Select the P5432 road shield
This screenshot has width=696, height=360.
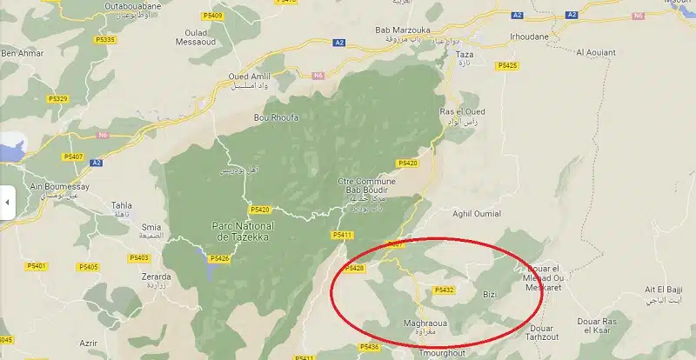point(444,290)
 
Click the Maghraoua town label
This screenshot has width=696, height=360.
point(426,323)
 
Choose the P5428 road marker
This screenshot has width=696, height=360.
point(355,269)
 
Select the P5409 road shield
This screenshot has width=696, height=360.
point(211,16)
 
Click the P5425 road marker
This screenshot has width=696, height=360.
point(507,65)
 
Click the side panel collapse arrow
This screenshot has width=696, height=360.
point(7,202)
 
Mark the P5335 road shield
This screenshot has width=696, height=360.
point(106,40)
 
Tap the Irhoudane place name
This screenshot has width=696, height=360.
point(531,37)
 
